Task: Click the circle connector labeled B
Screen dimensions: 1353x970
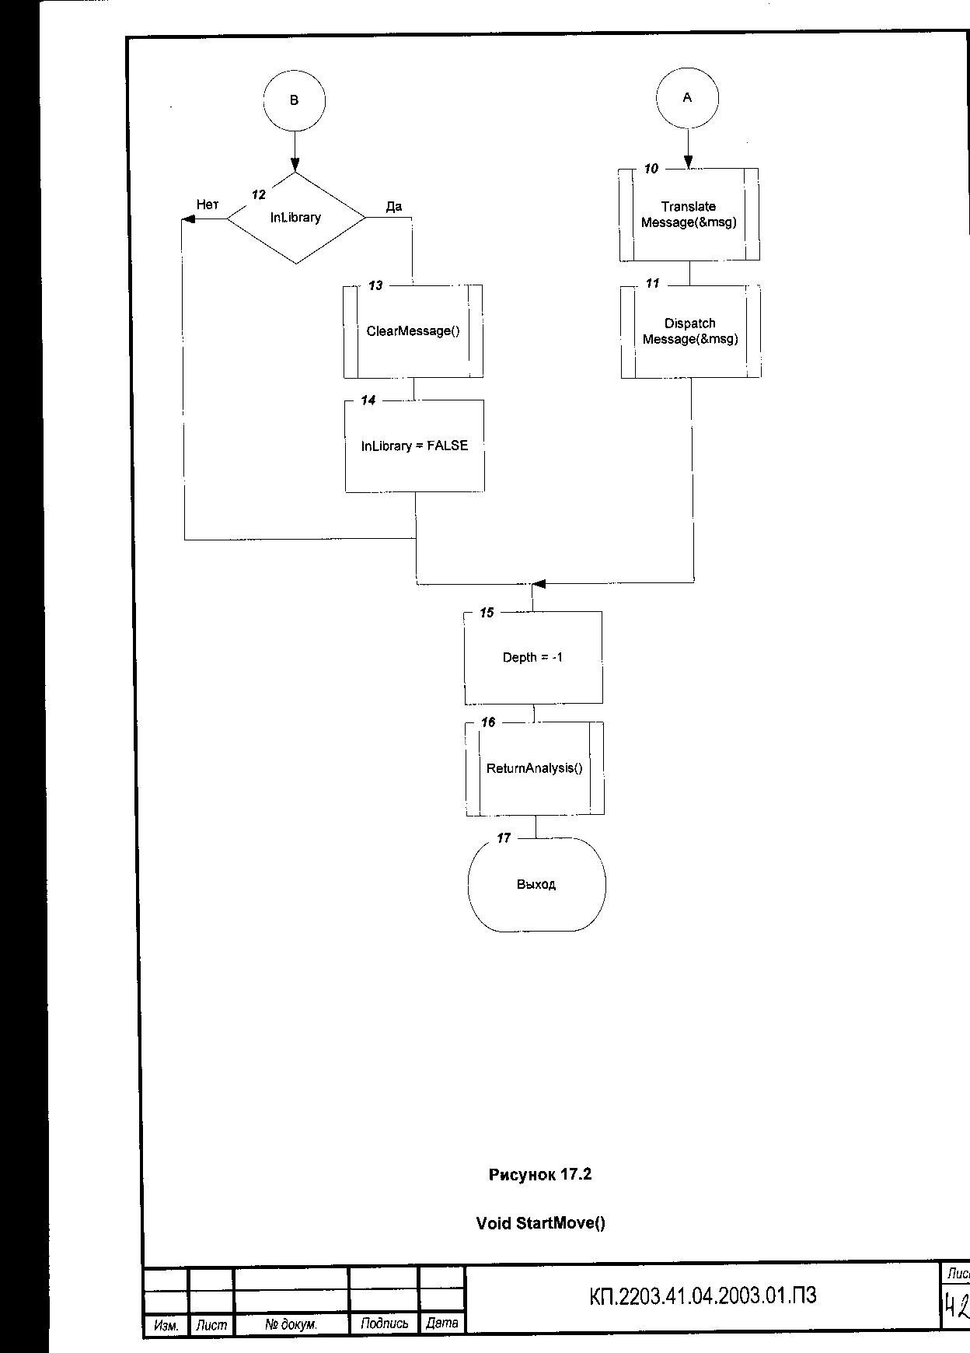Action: pyautogui.click(x=294, y=100)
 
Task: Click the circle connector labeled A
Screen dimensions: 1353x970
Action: pyautogui.click(x=687, y=98)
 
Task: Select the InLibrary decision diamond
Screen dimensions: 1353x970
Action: pyautogui.click(x=295, y=218)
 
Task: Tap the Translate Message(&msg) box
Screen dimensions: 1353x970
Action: pyautogui.click(x=689, y=215)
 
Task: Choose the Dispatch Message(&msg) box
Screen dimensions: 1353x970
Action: pyautogui.click(x=690, y=332)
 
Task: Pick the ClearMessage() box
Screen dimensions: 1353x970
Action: pyautogui.click(x=413, y=331)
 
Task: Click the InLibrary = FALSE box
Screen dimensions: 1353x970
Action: pyautogui.click(x=414, y=446)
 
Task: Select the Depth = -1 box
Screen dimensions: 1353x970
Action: pyautogui.click(x=532, y=658)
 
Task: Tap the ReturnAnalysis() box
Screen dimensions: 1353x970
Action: pyautogui.click(x=534, y=769)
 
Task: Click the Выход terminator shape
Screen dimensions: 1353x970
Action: pyautogui.click(x=536, y=885)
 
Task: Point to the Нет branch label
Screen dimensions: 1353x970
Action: pyautogui.click(x=208, y=205)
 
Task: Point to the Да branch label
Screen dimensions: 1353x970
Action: pyautogui.click(x=394, y=206)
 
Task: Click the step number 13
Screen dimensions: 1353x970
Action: pyautogui.click(x=375, y=286)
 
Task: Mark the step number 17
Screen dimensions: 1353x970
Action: pyautogui.click(x=504, y=838)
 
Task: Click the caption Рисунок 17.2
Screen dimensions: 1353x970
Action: pyautogui.click(x=540, y=1174)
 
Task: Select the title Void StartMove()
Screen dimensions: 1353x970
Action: pyautogui.click(x=540, y=1223)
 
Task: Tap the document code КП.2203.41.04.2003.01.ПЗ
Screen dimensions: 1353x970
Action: pyautogui.click(x=703, y=1296)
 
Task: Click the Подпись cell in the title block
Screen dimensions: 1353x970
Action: pyautogui.click(x=385, y=1323)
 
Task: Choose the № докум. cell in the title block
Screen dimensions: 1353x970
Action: pyautogui.click(x=291, y=1323)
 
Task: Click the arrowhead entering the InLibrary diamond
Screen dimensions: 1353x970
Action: pyautogui.click(x=295, y=165)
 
